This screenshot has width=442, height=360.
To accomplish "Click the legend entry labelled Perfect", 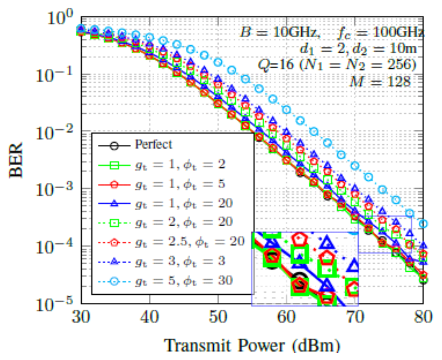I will pyautogui.click(x=154, y=144).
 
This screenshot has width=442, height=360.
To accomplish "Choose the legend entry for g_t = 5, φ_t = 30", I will pyautogui.click(x=184, y=281).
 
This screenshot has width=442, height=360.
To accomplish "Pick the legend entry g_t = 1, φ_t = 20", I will pyautogui.click(x=184, y=203).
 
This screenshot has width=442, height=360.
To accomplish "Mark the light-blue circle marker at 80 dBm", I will pyautogui.click(x=423, y=223).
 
